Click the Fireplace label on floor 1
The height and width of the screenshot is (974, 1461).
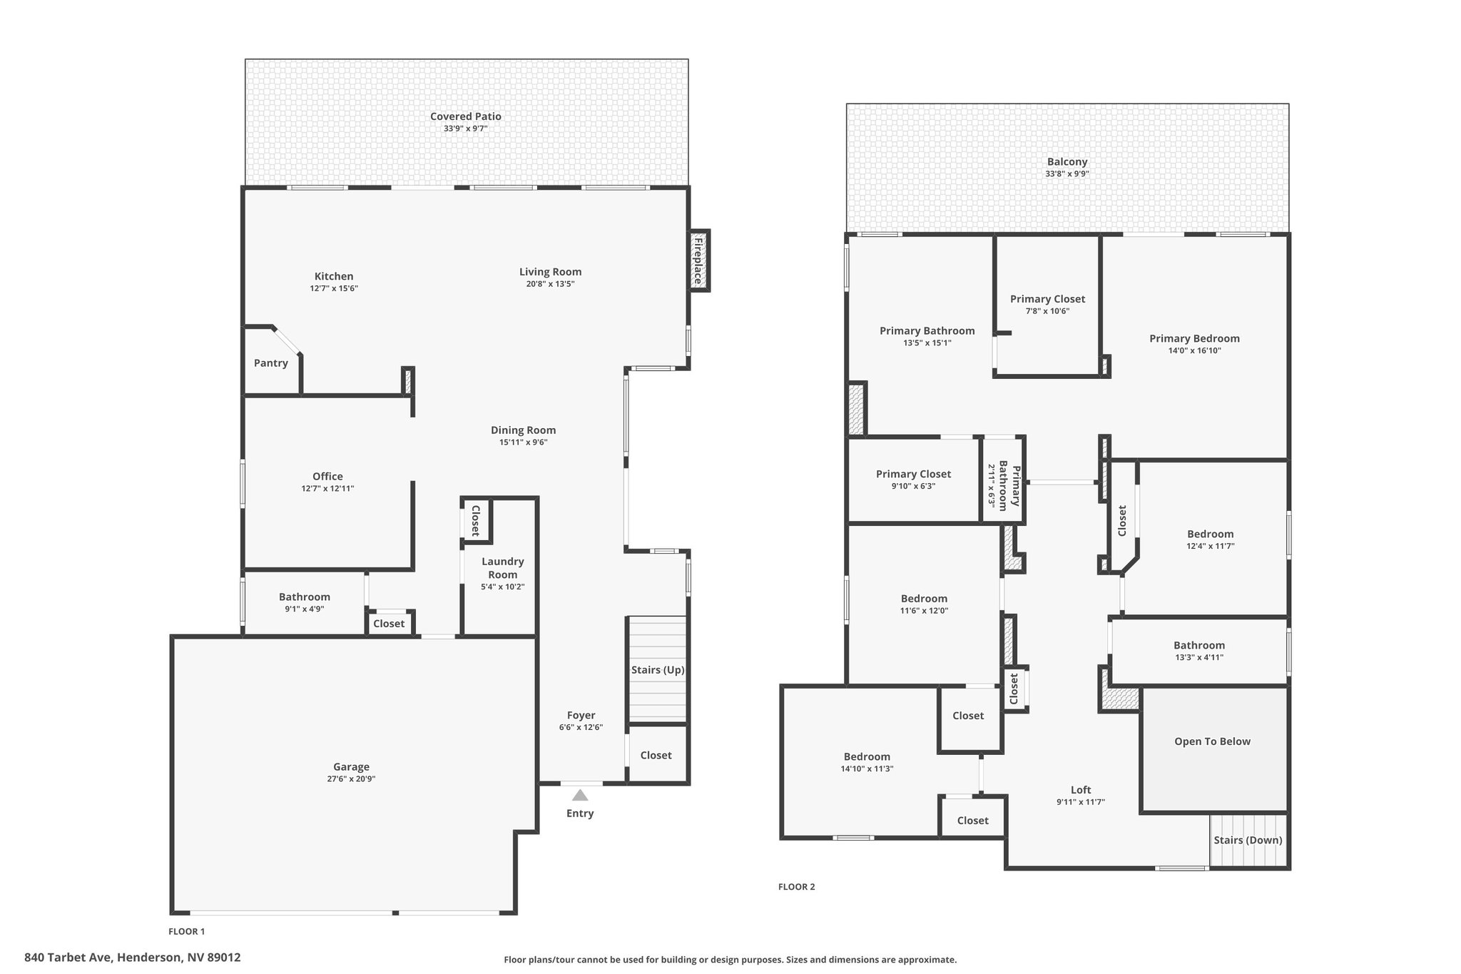pos(698,261)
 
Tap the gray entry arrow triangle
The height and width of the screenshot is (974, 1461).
pos(580,795)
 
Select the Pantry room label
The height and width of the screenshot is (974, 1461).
pos(271,363)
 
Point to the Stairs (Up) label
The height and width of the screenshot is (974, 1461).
pos(658,670)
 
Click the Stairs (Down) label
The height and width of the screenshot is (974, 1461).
pos(1248,840)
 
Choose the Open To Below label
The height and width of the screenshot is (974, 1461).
pos(1213,741)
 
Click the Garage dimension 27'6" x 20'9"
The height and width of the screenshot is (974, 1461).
pos(352,779)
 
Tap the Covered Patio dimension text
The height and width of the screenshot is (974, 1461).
pos(466,128)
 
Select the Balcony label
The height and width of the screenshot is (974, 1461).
pos(1067,162)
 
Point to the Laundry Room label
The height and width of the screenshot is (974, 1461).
pos(503,568)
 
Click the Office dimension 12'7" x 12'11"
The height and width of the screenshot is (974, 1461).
pos(328,489)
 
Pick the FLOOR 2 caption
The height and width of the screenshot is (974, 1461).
pos(796,887)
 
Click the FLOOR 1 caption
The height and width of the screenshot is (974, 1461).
pos(187,931)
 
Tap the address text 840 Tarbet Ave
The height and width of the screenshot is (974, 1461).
pos(68,958)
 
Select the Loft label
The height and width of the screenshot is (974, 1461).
pos(1081,790)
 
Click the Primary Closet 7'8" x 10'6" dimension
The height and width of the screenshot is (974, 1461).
pos(1048,311)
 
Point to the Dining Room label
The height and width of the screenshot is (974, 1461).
pos(523,430)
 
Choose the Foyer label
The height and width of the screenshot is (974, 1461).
pos(581,715)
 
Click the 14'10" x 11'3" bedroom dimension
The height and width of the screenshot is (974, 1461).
pos(867,768)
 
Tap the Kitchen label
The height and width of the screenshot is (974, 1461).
pos(334,276)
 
